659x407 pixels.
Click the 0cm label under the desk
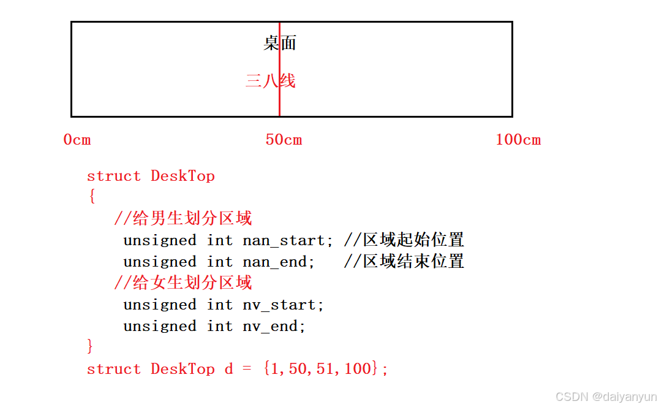point(77,140)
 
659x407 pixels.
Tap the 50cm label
point(284,140)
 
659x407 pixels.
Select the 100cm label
point(518,140)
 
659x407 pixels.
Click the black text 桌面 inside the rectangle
point(280,43)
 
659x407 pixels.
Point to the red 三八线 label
point(270,80)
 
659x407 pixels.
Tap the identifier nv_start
point(279,305)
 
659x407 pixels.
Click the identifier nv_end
point(270,326)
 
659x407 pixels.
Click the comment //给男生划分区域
point(183,218)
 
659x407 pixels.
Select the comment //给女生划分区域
point(183,283)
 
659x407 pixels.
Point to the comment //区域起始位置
point(404,240)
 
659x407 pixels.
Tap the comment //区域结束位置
point(404,262)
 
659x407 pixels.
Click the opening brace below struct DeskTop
point(92,197)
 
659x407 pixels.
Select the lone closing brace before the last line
point(91,347)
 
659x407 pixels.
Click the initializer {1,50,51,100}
point(322,368)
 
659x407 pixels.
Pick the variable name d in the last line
point(228,369)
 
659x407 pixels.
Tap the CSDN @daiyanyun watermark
point(606,397)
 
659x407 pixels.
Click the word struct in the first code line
point(114,176)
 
